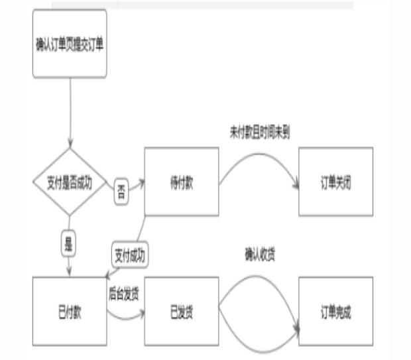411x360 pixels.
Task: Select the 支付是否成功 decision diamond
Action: pos(70,181)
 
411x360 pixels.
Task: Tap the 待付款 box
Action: pos(181,181)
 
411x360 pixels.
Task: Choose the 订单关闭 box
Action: pos(335,181)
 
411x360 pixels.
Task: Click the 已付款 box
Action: pos(70,312)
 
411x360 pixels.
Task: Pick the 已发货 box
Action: pos(181,312)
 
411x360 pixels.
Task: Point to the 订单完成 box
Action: pos(335,312)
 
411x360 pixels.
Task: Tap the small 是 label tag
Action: pos(68,242)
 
